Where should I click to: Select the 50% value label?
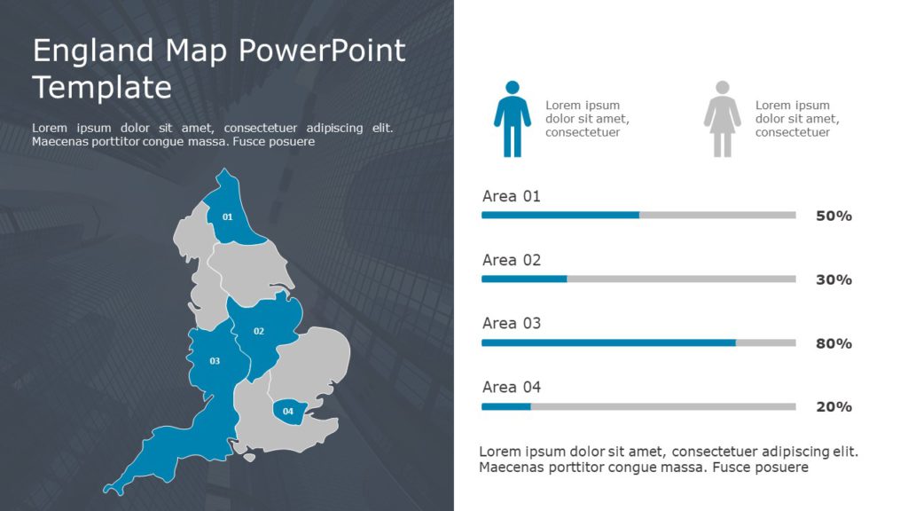834,216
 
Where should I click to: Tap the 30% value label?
834,279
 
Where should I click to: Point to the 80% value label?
834,343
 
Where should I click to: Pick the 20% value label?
834,406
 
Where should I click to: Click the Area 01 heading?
511,196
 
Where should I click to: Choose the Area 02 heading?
511,260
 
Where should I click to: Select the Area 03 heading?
511,324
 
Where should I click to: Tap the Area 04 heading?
511,387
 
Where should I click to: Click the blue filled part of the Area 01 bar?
560,215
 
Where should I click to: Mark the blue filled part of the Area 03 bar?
608,342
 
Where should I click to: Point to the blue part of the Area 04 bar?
505,406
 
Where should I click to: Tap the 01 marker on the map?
227,217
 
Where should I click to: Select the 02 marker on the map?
259,332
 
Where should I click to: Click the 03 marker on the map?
215,361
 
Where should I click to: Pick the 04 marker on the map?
287,411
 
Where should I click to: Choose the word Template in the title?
102,87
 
